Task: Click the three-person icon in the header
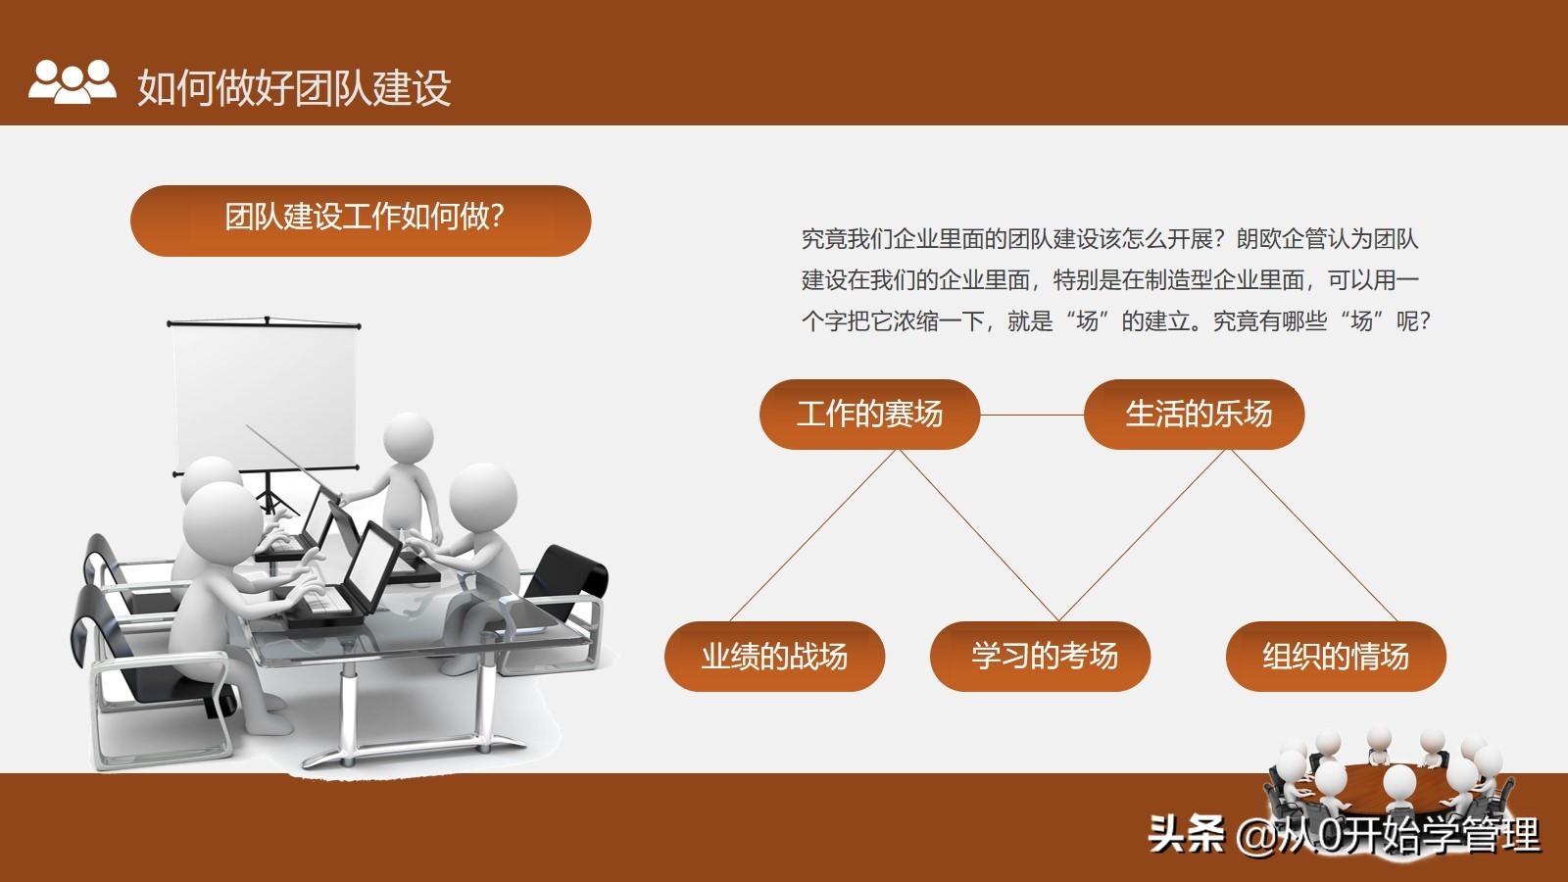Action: [x=73, y=82]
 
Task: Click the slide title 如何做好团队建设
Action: [x=294, y=87]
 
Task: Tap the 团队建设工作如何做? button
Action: [x=361, y=220]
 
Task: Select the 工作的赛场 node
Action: [x=869, y=415]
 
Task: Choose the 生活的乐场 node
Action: [x=1195, y=415]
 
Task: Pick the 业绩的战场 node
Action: [x=775, y=657]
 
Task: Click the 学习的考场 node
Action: [x=1040, y=657]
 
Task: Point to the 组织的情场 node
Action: [x=1336, y=657]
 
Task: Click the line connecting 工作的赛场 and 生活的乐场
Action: [x=1032, y=416]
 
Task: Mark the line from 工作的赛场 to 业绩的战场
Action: [x=812, y=535]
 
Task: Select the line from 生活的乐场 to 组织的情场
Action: [x=1314, y=535]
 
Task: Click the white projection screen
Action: [x=264, y=396]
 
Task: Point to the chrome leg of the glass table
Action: [x=347, y=707]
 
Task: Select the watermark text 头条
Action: [x=1187, y=834]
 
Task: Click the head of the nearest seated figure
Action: [x=222, y=520]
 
